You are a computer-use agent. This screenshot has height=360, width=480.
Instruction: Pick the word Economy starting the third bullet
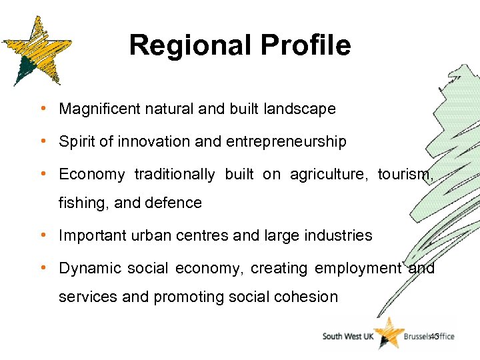pyautogui.click(x=91, y=175)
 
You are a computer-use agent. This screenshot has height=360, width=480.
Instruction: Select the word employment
pyautogui.click(x=358, y=269)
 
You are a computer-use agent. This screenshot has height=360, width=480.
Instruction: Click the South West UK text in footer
pyautogui.click(x=348, y=337)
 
